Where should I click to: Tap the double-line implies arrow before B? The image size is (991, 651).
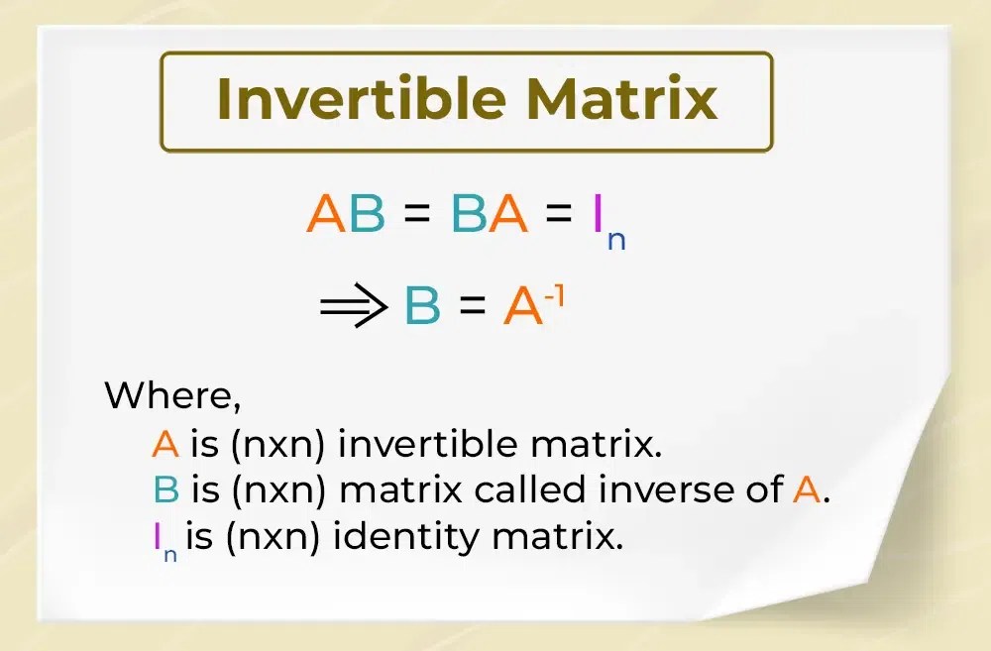[353, 308]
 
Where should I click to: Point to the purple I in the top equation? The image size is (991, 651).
[598, 214]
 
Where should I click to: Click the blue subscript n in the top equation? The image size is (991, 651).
[616, 241]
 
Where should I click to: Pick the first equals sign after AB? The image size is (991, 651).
[417, 216]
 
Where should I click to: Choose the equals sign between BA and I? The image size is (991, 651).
[560, 216]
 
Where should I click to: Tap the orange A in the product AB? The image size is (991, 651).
[325, 214]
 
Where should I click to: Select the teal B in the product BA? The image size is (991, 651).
[470, 214]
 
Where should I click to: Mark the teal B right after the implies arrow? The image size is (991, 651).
[423, 308]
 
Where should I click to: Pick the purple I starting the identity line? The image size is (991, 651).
[157, 536]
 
